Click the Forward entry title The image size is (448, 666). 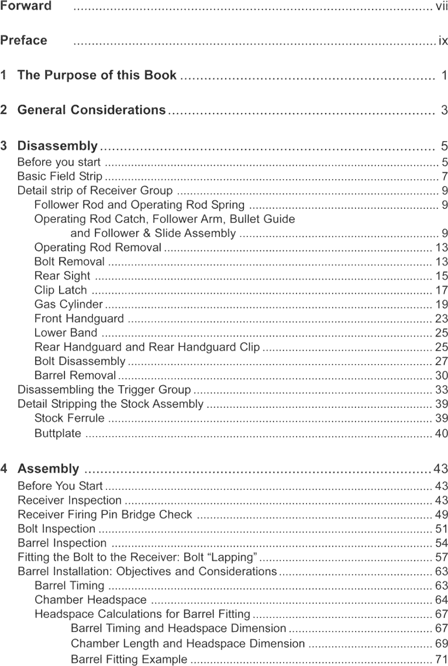(26, 6)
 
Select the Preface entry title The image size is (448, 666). (24, 40)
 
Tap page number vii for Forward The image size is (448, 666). (442, 6)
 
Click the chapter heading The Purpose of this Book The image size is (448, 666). (97, 75)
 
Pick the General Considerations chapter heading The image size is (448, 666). (91, 110)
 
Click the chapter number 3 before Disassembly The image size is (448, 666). (5, 146)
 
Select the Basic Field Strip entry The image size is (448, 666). (60, 176)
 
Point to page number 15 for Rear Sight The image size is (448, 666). (441, 276)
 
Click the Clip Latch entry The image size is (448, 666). (60, 290)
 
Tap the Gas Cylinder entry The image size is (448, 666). (68, 304)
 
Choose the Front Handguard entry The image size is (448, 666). (79, 318)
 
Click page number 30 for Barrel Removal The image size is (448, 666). (441, 375)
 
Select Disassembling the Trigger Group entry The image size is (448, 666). (104, 389)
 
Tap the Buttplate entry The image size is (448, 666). (57, 433)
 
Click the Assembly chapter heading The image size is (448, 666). (48, 469)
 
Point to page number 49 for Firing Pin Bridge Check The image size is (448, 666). (441, 514)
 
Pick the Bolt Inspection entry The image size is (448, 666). (56, 529)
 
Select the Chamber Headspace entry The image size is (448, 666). (90, 600)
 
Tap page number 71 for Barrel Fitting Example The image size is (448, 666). (441, 660)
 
